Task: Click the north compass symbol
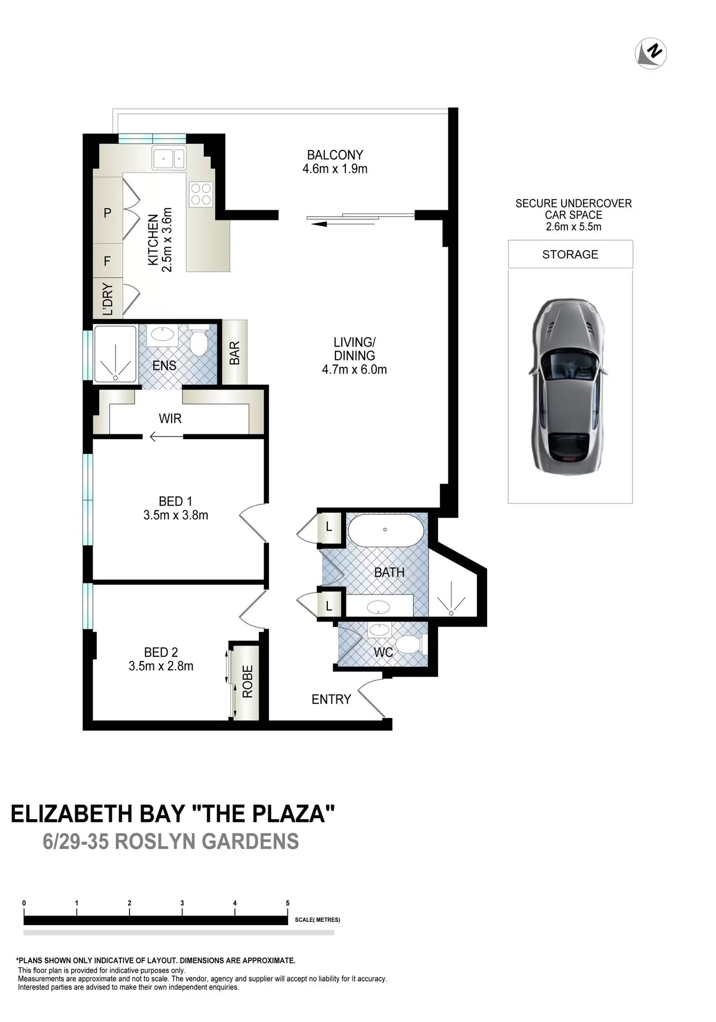pyautogui.click(x=651, y=53)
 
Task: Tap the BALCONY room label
pyautogui.click(x=335, y=155)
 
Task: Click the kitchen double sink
pyautogui.click(x=169, y=158)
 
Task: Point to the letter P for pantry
pyautogui.click(x=108, y=213)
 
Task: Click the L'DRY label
pyautogui.click(x=108, y=300)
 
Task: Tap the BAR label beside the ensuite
pyautogui.click(x=235, y=353)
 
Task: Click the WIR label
pyautogui.click(x=170, y=419)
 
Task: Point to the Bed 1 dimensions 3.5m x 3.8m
pyautogui.click(x=176, y=515)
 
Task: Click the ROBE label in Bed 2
pyautogui.click(x=248, y=682)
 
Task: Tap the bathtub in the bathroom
pyautogui.click(x=385, y=530)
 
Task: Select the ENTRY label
pyautogui.click(x=331, y=699)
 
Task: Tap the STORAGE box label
pyautogui.click(x=570, y=254)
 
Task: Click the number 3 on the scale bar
pyautogui.click(x=182, y=903)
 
